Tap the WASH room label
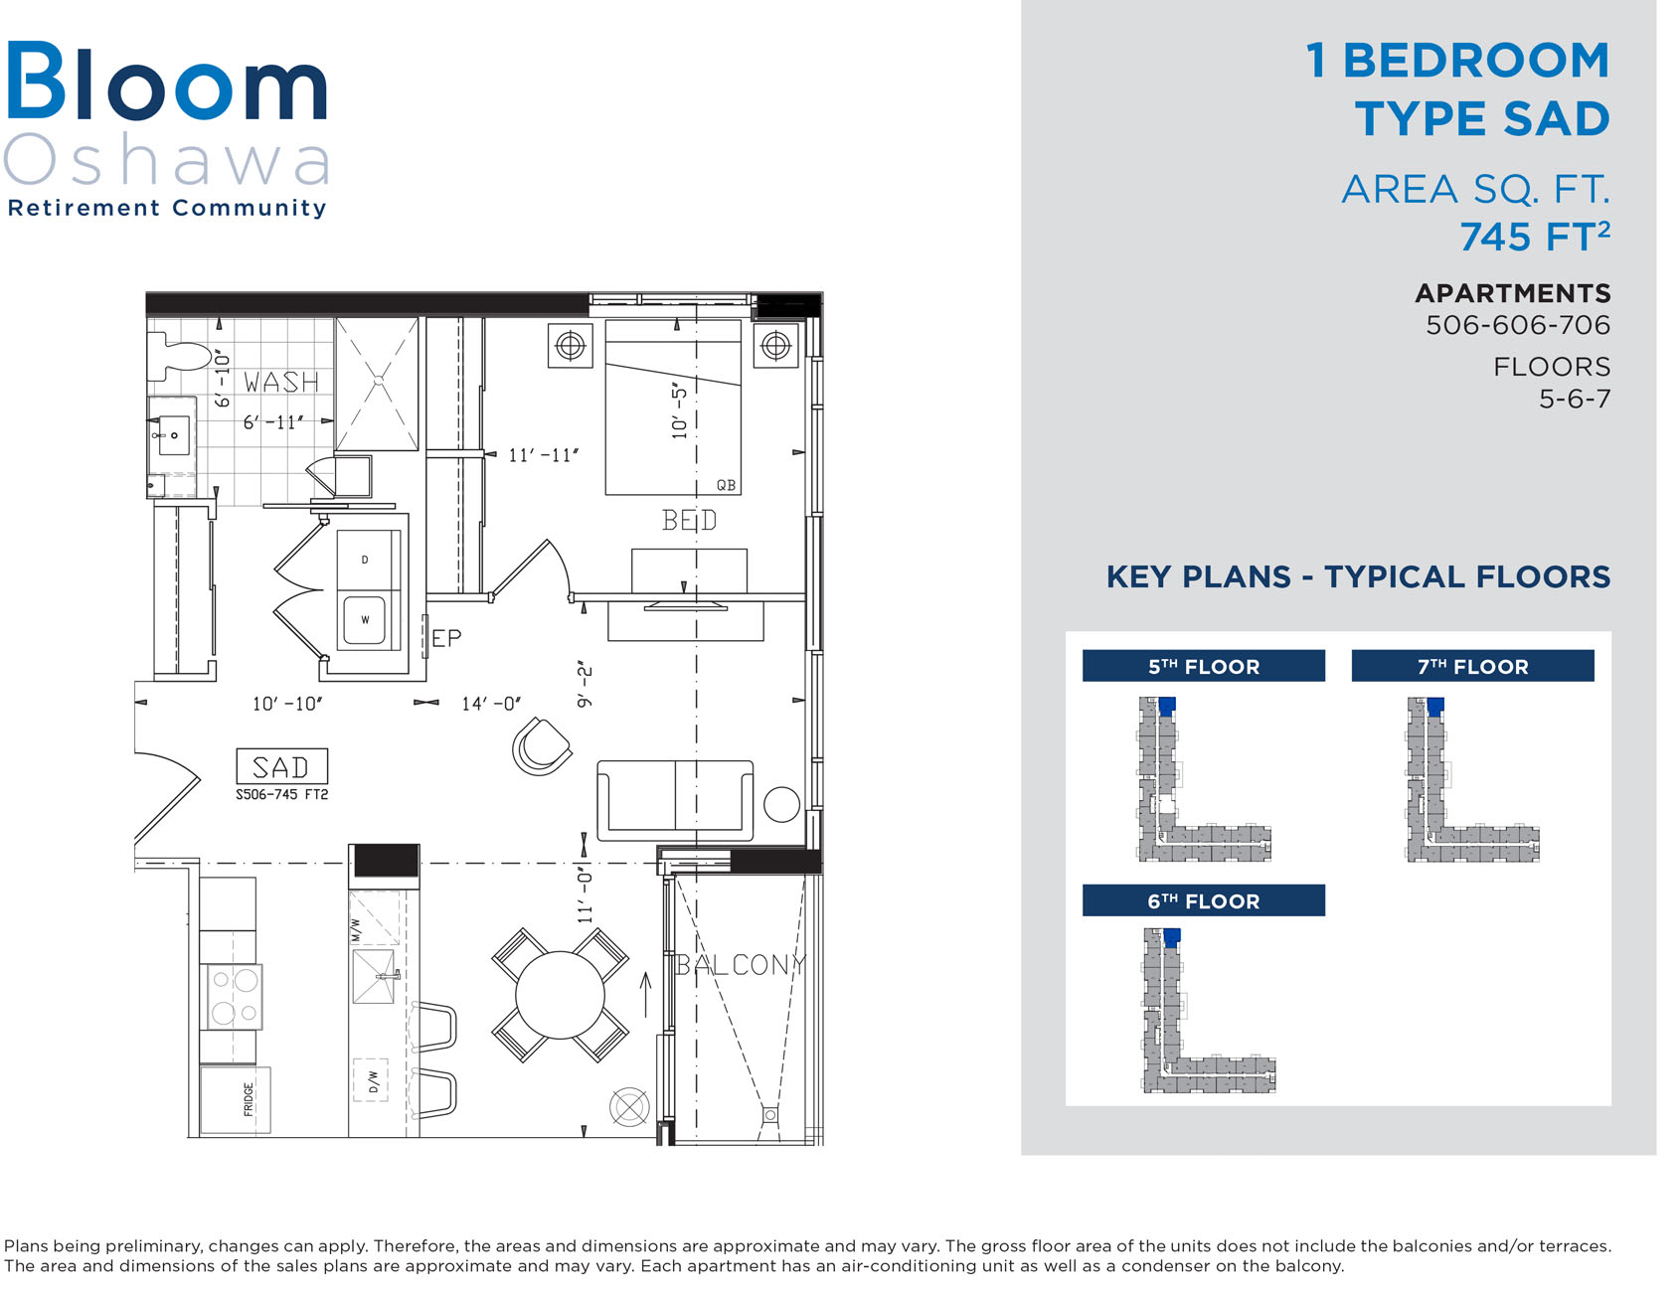coord(282,383)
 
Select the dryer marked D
coord(366,561)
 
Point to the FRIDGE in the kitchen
coord(236,1099)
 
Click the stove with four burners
coord(234,997)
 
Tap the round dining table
coord(561,995)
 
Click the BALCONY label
coord(741,965)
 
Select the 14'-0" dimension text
coord(491,704)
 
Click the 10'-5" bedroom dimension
coord(680,411)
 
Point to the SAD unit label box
coord(281,766)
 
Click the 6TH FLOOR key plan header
coord(1204,900)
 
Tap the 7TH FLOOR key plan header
coord(1472,666)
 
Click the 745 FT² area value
coord(1535,238)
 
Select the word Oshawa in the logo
coord(167,161)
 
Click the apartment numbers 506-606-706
coord(1518,325)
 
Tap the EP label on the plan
coord(446,638)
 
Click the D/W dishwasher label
coord(373,1080)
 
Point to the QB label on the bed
coord(727,485)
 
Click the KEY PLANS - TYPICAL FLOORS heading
coord(1358,576)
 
